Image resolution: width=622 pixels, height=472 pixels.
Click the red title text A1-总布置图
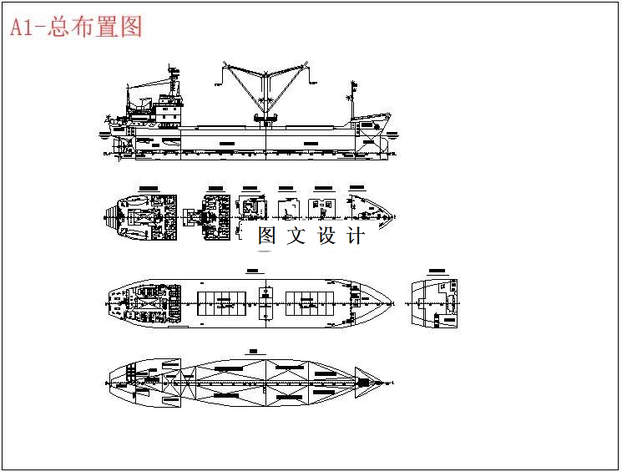click(76, 27)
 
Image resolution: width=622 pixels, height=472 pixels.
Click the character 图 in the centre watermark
click(266, 236)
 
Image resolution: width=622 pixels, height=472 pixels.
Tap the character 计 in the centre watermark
click(355, 236)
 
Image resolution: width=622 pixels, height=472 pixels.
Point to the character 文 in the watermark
click(296, 236)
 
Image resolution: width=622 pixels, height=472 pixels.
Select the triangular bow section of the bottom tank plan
click(367, 382)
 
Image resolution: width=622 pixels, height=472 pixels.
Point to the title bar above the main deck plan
click(253, 271)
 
